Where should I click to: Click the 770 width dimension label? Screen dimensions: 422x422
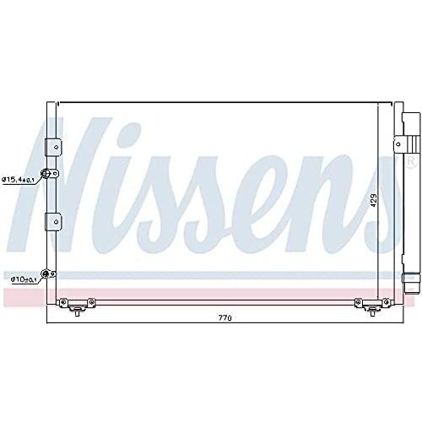[225, 318]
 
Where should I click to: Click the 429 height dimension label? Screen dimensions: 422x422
[373, 200]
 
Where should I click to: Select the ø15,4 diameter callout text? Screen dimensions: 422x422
[19, 180]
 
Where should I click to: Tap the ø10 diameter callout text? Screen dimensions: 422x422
[24, 279]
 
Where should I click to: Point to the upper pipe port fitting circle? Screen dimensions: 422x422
[46, 174]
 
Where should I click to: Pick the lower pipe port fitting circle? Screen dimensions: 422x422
[45, 273]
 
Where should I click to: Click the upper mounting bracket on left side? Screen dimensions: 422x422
[53, 147]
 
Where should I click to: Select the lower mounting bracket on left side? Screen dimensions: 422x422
[53, 222]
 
